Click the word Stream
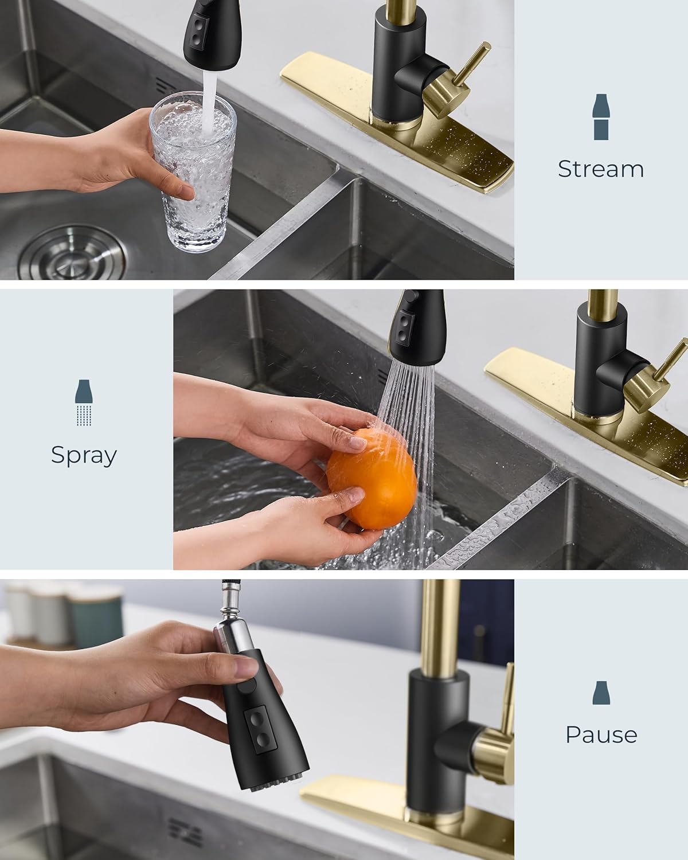600,169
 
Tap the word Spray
84,455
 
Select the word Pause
601,734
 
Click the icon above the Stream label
600,116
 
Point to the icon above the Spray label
84,402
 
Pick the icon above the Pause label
601,693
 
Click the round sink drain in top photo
72,253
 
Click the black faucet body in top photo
396,69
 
